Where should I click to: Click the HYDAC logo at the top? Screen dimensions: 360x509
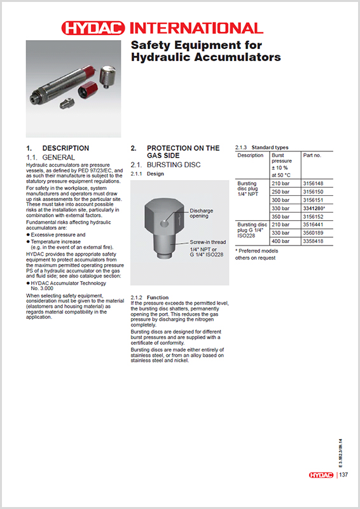pyautogui.click(x=93, y=28)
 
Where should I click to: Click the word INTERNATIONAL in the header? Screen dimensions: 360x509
pyautogui.click(x=196, y=28)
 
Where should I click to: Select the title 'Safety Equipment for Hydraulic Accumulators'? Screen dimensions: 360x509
pyautogui.click(x=205, y=51)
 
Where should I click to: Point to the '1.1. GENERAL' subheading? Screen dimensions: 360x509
pyautogui.click(x=50, y=157)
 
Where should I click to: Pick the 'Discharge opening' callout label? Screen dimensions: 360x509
pyautogui.click(x=202, y=213)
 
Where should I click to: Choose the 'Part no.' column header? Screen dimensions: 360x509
pyautogui.click(x=312, y=155)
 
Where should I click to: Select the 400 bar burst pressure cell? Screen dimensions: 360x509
pyautogui.click(x=280, y=241)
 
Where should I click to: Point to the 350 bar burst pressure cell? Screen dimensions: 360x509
pyautogui.click(x=280, y=216)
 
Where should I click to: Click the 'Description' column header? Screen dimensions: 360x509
pyautogui.click(x=251, y=155)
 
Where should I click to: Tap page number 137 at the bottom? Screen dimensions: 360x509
pyautogui.click(x=343, y=475)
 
